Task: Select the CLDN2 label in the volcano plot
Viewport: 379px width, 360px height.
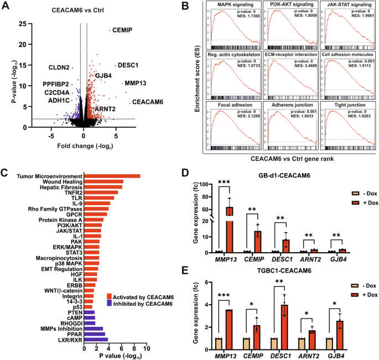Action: pyautogui.click(x=58, y=67)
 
